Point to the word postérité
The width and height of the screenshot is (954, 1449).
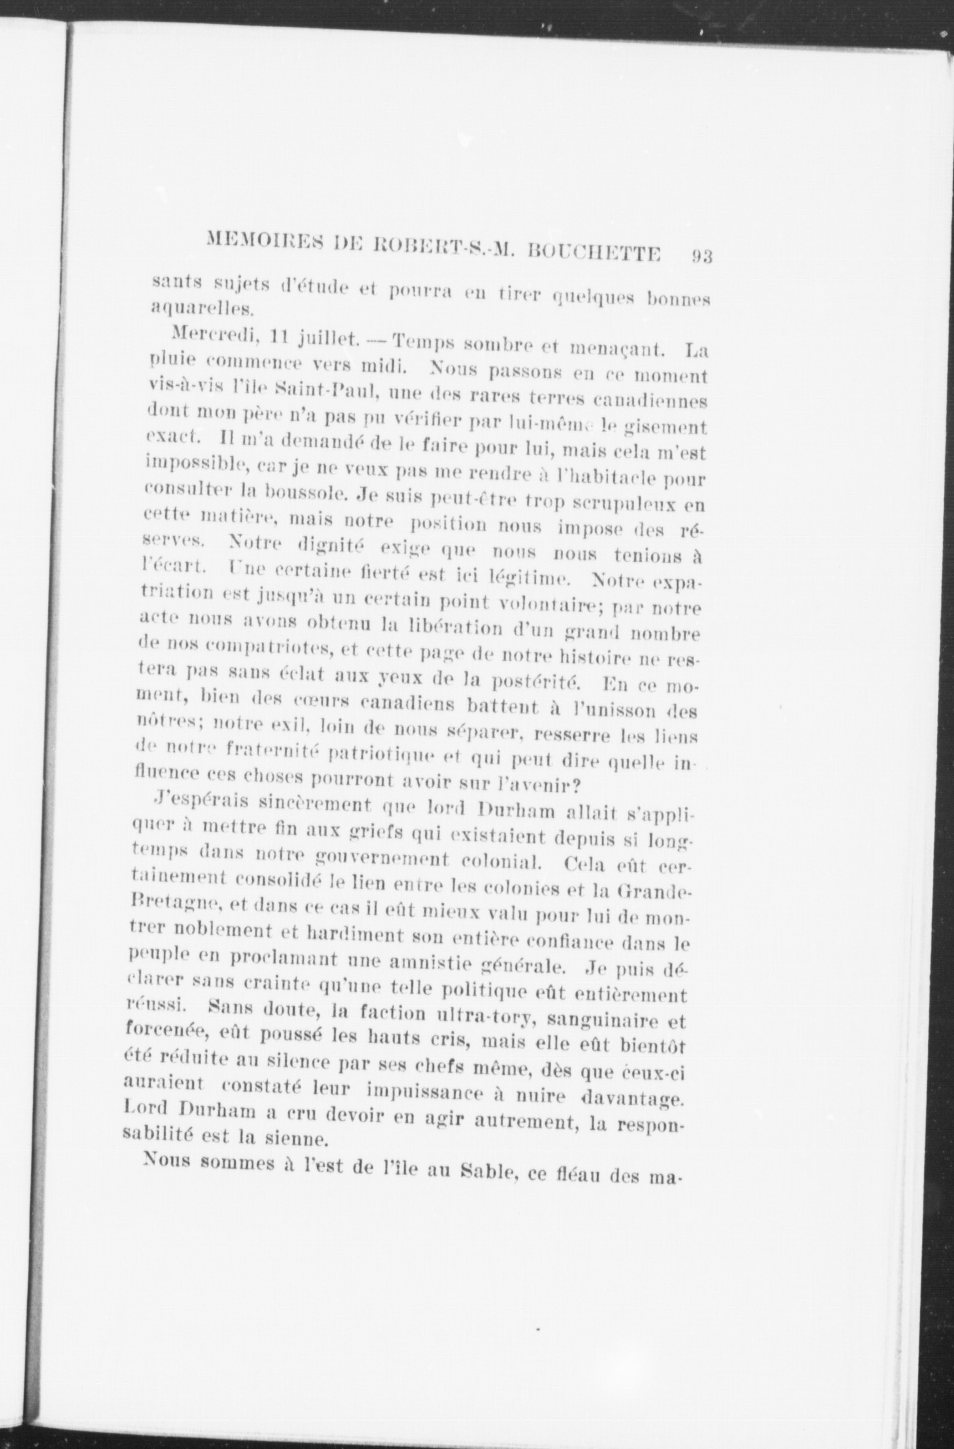(537, 682)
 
